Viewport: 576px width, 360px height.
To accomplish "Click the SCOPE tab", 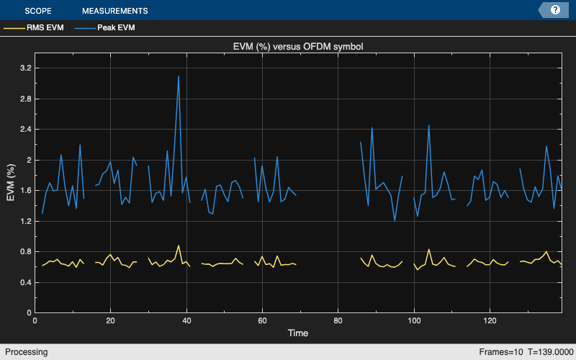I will [38, 11].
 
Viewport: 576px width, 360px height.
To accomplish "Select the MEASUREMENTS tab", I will [114, 11].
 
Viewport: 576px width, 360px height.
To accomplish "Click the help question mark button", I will [555, 10].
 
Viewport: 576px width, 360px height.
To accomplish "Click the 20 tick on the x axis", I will [110, 321].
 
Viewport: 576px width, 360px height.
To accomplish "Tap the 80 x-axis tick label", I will [338, 321].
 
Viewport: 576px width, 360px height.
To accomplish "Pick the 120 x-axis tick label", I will [490, 321].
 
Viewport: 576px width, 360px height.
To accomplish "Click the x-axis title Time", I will [298, 333].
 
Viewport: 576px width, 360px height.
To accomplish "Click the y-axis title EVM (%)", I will [10, 181].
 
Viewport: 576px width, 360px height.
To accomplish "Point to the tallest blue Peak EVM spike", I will [179, 76].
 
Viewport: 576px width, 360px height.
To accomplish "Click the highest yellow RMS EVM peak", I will [179, 246].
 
